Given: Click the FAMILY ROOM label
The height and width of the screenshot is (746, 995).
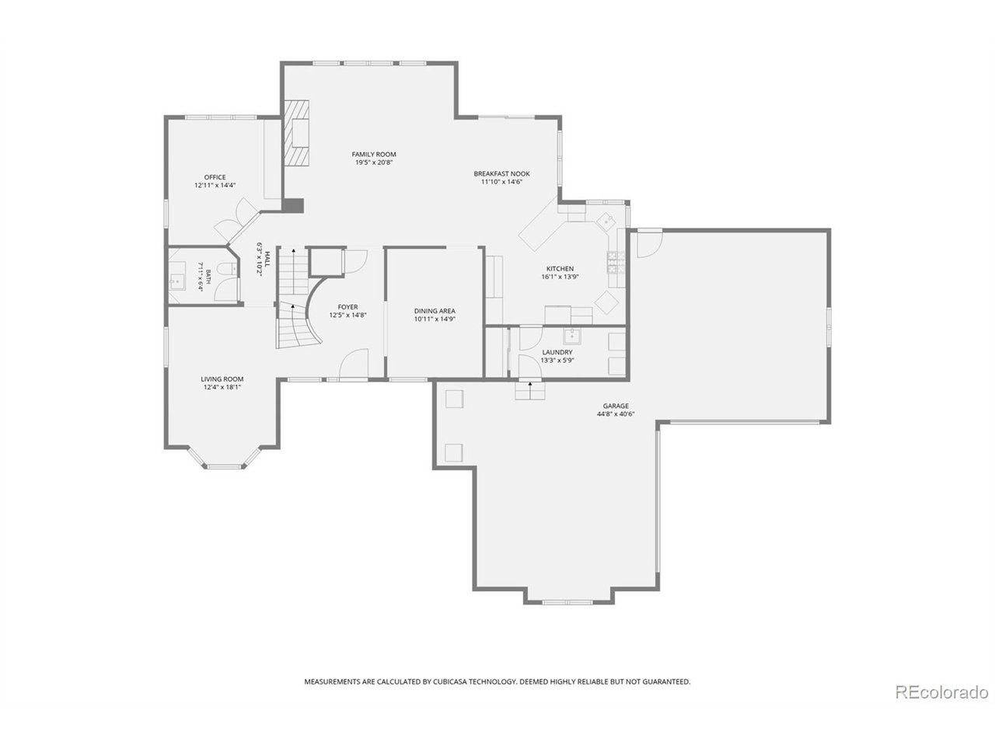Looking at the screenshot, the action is (x=374, y=154).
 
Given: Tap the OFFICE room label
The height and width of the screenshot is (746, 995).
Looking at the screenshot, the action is (x=215, y=177).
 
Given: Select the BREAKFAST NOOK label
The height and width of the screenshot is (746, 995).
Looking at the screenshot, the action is (x=501, y=173).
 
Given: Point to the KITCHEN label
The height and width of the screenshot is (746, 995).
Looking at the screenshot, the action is (x=560, y=269).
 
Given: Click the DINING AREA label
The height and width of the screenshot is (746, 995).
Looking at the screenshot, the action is (x=435, y=311).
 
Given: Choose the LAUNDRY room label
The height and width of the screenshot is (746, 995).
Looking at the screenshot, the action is (x=557, y=352).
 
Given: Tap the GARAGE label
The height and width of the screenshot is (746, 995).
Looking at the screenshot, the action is (x=615, y=406).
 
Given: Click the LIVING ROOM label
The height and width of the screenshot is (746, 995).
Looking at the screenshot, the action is (x=222, y=378).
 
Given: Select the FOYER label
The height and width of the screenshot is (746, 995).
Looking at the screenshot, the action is (x=347, y=307).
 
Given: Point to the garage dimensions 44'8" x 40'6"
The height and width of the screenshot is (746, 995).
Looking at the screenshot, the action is (x=615, y=413).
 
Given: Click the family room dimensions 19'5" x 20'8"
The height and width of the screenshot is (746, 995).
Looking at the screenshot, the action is (x=374, y=162).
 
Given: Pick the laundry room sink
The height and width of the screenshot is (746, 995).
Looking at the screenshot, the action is (x=572, y=336).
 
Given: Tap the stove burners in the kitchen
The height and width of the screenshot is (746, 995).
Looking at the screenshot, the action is (x=616, y=263).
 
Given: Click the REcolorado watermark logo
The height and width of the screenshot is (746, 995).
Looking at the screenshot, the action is (x=942, y=706).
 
